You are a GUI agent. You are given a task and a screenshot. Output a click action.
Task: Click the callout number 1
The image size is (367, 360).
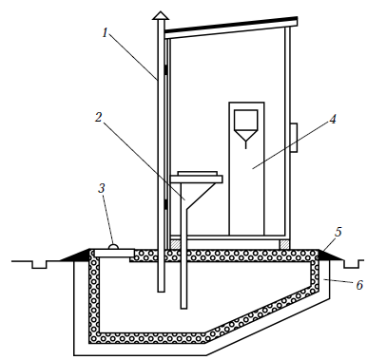[106, 32]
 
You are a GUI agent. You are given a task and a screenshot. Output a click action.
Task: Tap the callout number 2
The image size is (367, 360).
[99, 117]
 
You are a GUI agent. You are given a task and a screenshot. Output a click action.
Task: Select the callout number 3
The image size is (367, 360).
[102, 188]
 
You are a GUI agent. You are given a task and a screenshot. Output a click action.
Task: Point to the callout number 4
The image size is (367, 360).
[332, 119]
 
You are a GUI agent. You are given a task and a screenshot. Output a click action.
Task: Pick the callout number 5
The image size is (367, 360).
[338, 232]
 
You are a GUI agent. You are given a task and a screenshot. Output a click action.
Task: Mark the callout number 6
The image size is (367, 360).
[359, 285]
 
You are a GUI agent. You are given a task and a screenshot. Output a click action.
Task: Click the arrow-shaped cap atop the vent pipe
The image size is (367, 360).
[161, 16]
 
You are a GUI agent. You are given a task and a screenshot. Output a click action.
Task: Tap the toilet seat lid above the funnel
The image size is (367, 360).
[197, 173]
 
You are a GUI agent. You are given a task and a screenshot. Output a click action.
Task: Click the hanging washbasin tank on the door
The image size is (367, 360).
[245, 125]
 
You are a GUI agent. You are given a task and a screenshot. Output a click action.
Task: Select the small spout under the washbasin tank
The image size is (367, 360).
[245, 144]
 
